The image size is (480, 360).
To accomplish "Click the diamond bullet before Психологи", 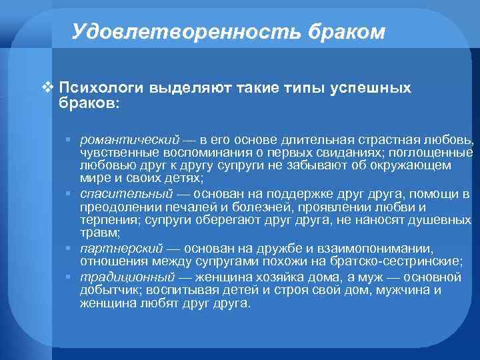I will [x=46, y=87].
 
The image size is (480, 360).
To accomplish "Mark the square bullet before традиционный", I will [x=69, y=276].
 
